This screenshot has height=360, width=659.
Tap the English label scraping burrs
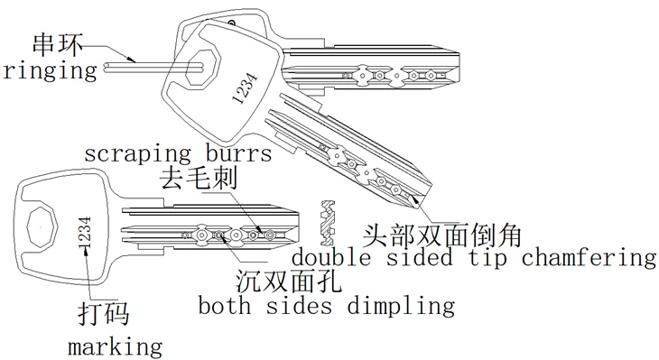click(178, 153)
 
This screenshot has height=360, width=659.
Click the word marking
click(115, 345)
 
